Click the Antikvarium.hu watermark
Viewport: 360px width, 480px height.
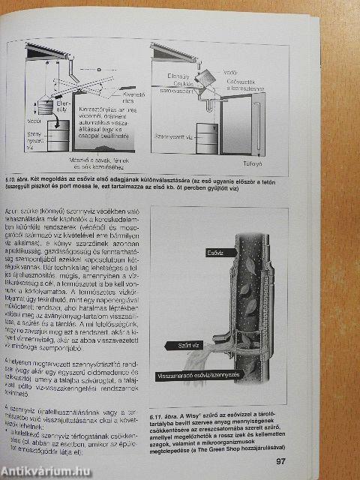[x=45, y=469]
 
